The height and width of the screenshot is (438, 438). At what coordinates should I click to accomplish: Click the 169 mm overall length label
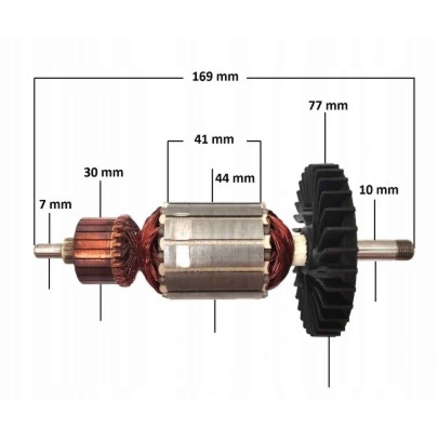click(x=215, y=77)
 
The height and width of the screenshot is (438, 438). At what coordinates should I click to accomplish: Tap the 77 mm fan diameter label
click(x=328, y=106)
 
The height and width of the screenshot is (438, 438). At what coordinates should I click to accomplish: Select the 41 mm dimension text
click(x=214, y=140)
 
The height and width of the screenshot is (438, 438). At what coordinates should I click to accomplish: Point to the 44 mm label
click(x=235, y=178)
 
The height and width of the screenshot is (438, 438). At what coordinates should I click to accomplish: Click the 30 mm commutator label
click(x=103, y=172)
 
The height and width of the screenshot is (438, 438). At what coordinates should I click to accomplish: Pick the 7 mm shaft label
click(x=55, y=204)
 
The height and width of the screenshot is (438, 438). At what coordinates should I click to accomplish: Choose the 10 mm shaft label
click(x=379, y=190)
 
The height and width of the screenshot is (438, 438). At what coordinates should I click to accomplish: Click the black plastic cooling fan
click(x=326, y=249)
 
